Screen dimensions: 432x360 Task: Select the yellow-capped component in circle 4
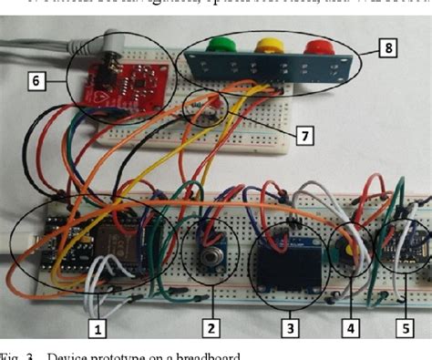tap(349, 250)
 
